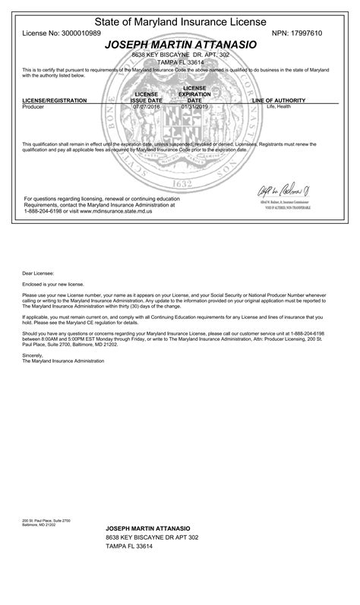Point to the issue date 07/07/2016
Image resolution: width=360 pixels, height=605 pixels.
click(146, 107)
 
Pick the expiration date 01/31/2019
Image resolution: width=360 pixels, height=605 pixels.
click(194, 107)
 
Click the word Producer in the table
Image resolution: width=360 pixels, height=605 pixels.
click(35, 107)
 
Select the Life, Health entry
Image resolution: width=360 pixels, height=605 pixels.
click(278, 107)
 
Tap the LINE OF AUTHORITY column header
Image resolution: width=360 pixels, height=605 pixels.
click(279, 100)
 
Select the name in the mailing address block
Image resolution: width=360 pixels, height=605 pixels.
click(147, 527)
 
